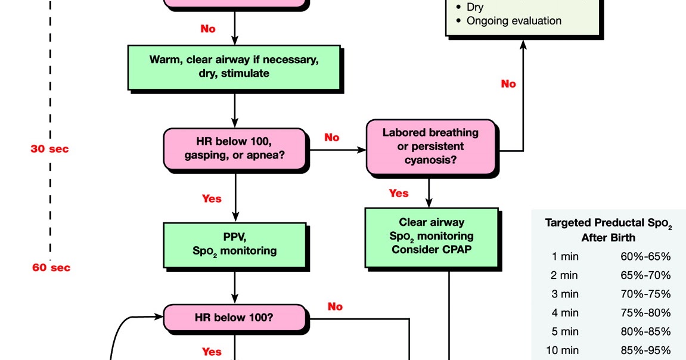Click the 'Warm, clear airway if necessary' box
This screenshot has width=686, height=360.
235,66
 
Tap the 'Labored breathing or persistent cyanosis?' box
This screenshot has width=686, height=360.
430,147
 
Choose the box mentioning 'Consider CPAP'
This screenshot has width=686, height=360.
432,237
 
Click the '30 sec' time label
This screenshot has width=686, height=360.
49,149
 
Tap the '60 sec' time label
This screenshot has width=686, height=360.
51,268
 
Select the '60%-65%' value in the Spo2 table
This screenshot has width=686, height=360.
645,257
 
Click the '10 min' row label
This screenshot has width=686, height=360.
562,350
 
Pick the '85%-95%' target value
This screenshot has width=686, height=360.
645,350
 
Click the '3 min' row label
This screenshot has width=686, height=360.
562,294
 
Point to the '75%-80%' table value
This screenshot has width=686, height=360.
645,312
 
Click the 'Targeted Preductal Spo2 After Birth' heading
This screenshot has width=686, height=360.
608,230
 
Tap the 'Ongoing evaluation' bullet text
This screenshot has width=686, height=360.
513,21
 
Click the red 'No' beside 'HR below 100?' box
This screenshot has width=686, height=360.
335,306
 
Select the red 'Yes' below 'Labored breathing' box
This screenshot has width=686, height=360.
399,193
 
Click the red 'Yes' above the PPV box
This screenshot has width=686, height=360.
211,198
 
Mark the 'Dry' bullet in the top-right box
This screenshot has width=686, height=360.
475,7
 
